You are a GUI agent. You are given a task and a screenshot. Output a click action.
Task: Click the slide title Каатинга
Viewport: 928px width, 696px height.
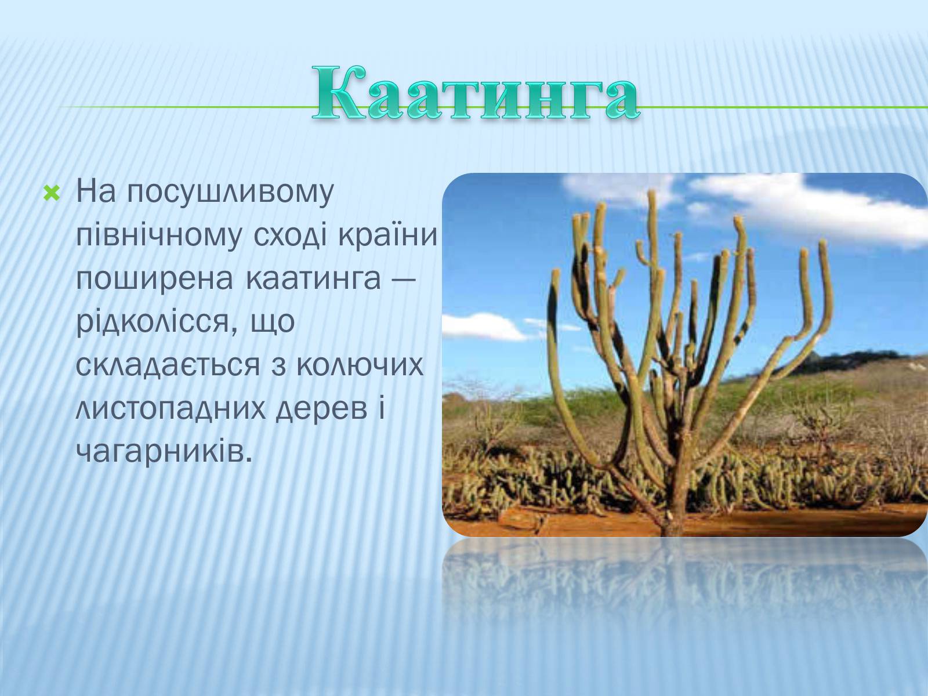476,93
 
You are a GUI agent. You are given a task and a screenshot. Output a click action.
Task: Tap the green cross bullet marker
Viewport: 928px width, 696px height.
52,194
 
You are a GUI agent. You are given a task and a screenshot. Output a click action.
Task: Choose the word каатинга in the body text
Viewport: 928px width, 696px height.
313,280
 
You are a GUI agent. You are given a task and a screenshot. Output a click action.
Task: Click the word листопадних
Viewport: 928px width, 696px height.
171,410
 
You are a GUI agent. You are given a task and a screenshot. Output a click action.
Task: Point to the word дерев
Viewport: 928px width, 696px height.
322,410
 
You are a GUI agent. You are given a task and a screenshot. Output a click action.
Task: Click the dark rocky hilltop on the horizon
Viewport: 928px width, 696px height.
842,361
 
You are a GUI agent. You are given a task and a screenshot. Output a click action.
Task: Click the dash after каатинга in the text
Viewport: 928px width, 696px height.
404,280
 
